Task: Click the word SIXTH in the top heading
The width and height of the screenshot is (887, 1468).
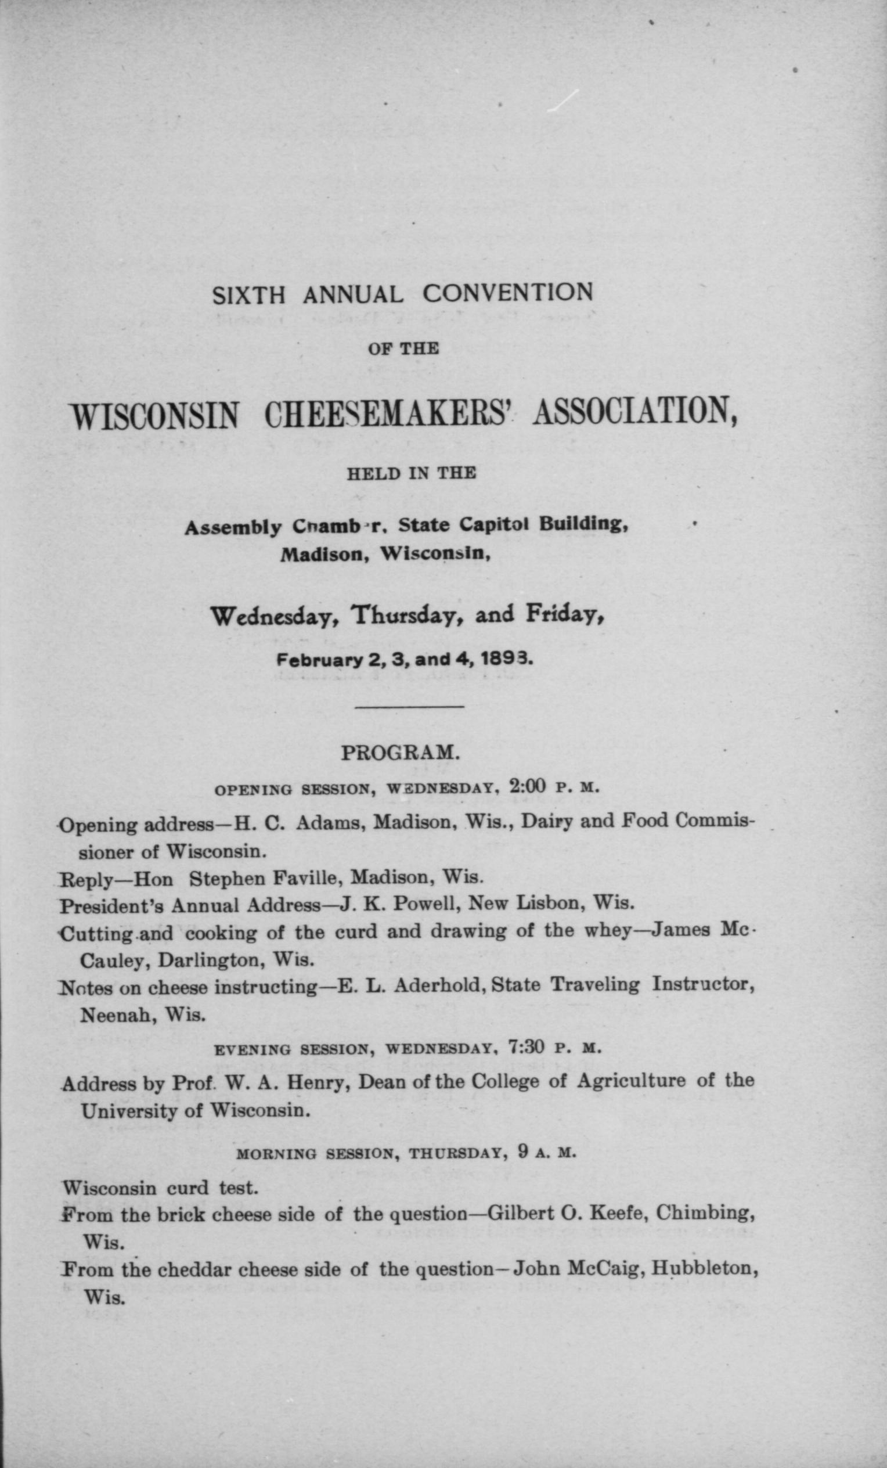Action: coord(249,295)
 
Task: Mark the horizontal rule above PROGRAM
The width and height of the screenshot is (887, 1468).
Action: coord(409,707)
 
